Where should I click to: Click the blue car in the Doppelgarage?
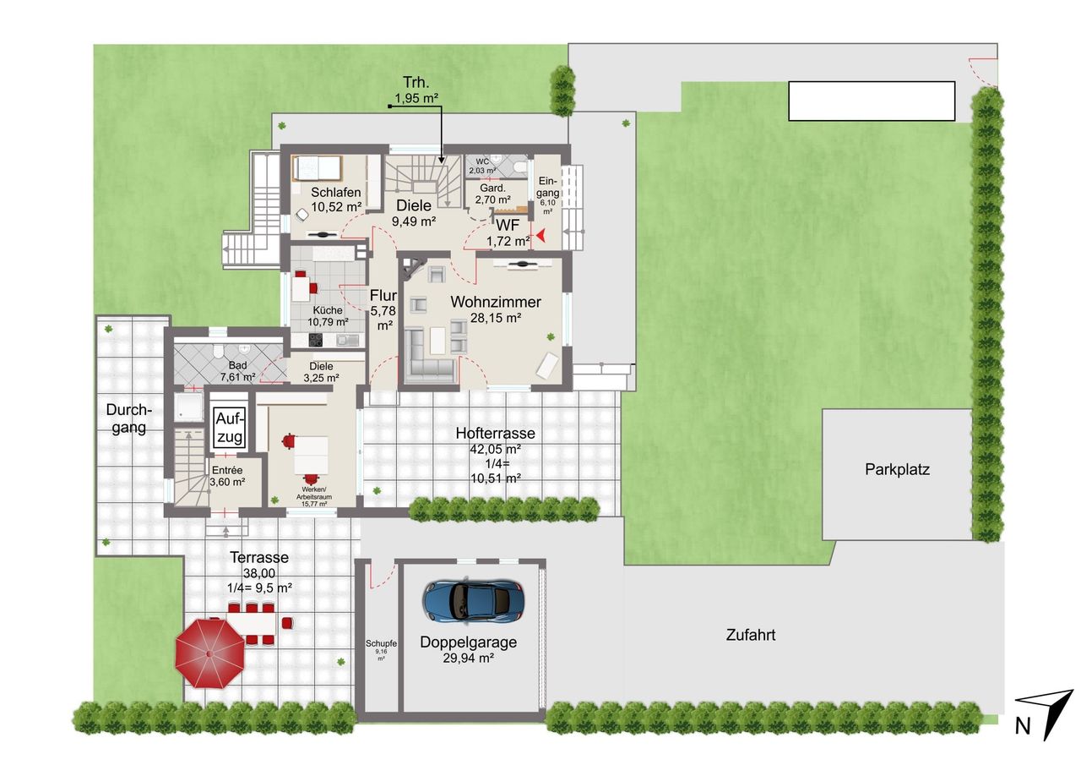(474, 600)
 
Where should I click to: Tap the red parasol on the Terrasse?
(210, 653)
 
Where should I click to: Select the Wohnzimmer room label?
(496, 302)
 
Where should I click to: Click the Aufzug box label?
(230, 428)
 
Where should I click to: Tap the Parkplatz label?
(897, 469)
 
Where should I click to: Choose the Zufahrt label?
(751, 635)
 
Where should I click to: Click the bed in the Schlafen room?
(317, 168)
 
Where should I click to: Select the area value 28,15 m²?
(496, 318)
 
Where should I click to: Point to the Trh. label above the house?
(416, 82)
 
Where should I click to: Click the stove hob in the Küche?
(316, 340)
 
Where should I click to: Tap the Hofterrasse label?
(496, 433)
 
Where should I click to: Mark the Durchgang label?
(129, 418)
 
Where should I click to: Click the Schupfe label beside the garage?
(381, 643)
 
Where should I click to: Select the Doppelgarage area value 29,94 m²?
(468, 658)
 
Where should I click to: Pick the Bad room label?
(237, 366)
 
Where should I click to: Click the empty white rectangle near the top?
(872, 101)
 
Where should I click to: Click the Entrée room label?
(227, 470)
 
